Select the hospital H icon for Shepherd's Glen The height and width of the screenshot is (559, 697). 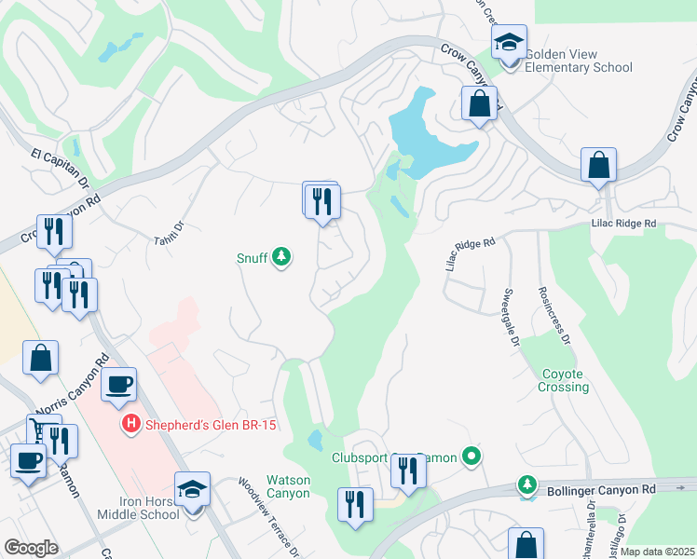131,424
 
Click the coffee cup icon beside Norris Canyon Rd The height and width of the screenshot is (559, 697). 117,385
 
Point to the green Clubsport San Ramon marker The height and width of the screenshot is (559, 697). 472,457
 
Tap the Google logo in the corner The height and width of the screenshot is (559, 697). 31,548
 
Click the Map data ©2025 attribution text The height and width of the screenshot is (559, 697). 657,552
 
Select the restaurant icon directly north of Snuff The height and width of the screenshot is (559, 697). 322,201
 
